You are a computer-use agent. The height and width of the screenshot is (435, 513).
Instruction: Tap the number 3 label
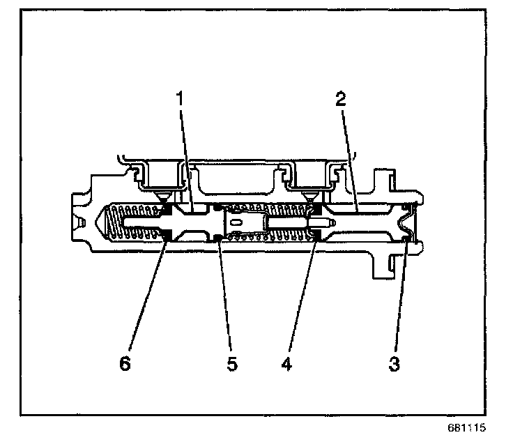pyautogui.click(x=394, y=364)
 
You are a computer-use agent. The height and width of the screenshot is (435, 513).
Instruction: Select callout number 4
pyautogui.click(x=285, y=364)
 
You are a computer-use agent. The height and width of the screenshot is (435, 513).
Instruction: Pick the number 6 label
pyautogui.click(x=125, y=364)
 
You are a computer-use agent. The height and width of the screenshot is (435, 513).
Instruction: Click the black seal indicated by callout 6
pyautogui.click(x=166, y=240)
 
